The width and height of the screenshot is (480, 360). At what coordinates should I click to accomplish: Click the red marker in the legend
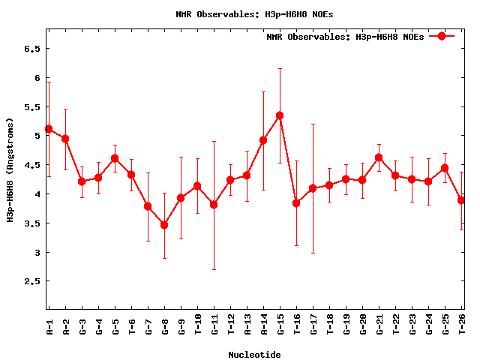click(x=442, y=36)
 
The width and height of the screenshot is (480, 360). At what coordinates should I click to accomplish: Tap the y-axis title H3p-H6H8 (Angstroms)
click(x=10, y=170)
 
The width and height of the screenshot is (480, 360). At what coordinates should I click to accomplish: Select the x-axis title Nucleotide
click(x=255, y=355)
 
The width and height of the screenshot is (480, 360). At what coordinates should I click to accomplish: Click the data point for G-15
click(x=280, y=115)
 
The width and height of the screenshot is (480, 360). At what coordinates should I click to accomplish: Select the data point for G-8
click(x=164, y=225)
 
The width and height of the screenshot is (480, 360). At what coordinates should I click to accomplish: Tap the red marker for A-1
click(x=49, y=129)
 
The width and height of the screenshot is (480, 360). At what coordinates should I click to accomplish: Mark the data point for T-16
click(x=296, y=203)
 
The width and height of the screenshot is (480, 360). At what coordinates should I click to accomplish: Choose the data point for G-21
click(x=379, y=157)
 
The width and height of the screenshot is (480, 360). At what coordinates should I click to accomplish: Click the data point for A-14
click(x=263, y=140)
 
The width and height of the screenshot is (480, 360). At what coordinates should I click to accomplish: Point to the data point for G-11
click(x=214, y=205)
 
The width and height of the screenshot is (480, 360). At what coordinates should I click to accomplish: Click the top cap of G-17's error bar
click(x=313, y=124)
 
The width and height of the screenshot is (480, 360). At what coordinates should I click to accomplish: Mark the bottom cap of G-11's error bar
click(x=214, y=269)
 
